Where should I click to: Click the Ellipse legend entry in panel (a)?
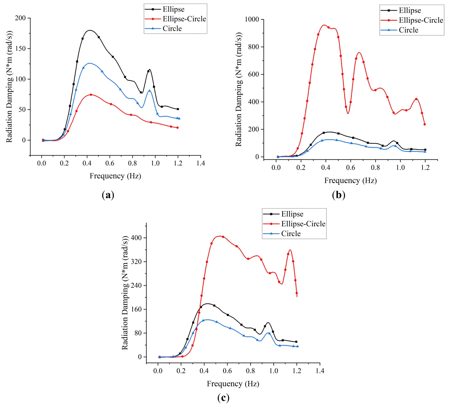point(173,9)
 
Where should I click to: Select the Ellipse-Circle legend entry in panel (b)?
point(421,20)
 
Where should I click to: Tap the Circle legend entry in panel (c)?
point(291,234)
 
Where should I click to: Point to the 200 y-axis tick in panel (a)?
point(21,18)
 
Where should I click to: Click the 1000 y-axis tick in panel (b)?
point(252,19)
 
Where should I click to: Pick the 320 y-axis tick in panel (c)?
point(136,262)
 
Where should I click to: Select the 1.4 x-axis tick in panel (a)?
point(201,163)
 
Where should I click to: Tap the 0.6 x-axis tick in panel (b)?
point(350,167)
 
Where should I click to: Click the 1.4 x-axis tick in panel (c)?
point(320,370)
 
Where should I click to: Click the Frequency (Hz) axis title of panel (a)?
point(115,176)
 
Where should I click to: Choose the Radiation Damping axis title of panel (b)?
point(239,89)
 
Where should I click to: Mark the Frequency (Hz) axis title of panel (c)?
point(233,384)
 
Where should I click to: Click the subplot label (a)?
point(108,195)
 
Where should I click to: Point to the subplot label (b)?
point(339,195)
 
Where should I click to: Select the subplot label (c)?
point(223,398)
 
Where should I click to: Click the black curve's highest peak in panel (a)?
point(90,30)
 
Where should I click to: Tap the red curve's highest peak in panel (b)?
point(324,25)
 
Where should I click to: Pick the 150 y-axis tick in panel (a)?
point(21,48)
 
